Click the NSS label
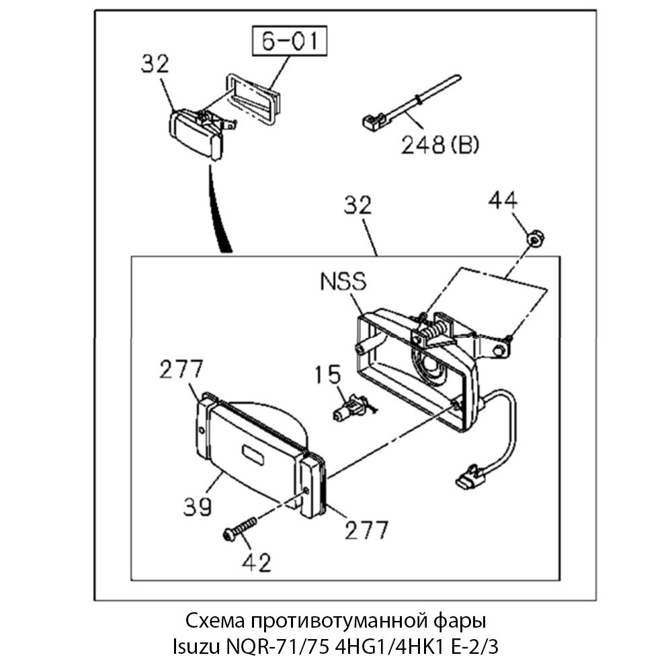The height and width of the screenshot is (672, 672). coord(343,282)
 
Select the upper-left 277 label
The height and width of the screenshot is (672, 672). coord(181,370)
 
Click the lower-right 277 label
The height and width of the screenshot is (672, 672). coord(366,530)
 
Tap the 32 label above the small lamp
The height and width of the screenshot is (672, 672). coord(155,65)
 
